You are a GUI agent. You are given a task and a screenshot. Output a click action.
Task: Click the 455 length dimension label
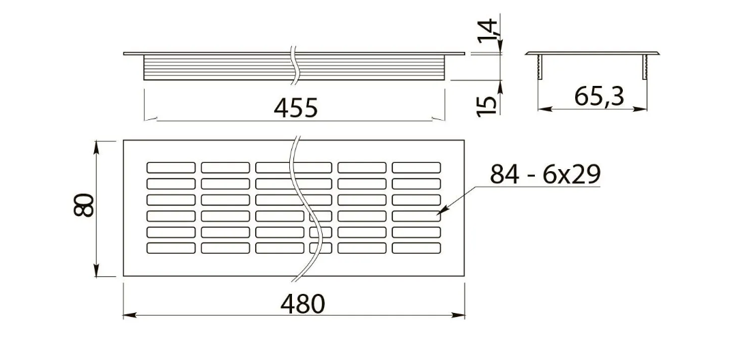(295, 108)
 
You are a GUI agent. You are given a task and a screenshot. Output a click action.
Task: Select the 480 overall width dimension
(303, 304)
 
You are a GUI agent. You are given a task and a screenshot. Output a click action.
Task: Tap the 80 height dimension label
(84, 205)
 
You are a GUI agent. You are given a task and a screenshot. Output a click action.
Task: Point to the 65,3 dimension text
(599, 97)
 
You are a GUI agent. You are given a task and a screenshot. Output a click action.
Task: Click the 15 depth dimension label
(487, 104)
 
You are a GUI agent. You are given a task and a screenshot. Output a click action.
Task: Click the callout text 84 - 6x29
(546, 175)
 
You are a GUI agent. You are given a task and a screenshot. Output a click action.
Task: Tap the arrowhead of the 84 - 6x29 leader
(440, 212)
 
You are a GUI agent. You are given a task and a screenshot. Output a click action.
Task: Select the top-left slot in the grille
(171, 168)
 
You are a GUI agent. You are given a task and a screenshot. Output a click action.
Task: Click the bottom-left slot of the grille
(171, 248)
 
